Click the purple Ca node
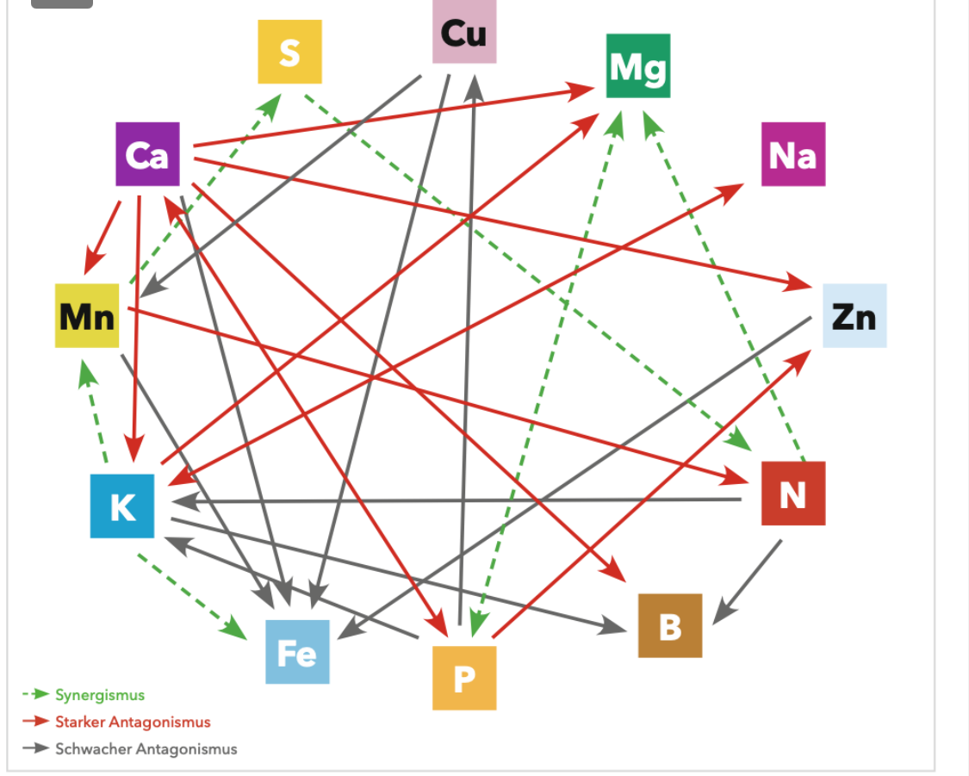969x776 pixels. click(147, 154)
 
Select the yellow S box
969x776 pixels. click(289, 52)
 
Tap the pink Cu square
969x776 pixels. click(464, 33)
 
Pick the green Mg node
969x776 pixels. click(637, 66)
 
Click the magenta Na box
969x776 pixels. click(792, 154)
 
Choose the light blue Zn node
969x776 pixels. click(854, 316)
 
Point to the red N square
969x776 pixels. click(792, 494)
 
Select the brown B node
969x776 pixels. click(669, 625)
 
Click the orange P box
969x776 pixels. click(464, 678)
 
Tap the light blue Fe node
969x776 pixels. click(297, 652)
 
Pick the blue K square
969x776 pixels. click(122, 506)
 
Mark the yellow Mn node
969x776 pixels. click(87, 316)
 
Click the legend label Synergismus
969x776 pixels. click(100, 694)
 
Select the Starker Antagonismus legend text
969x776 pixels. click(133, 722)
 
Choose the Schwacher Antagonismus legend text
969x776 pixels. click(146, 748)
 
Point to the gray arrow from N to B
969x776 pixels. click(748, 579)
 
